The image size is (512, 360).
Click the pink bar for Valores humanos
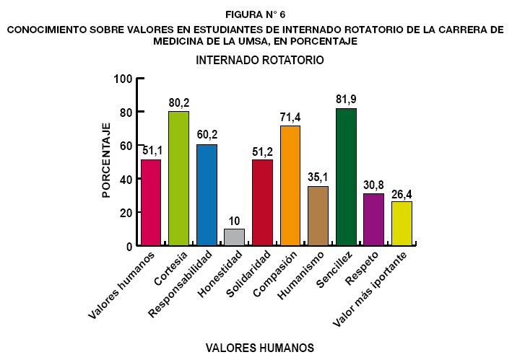[x=151, y=203]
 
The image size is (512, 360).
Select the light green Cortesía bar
[x=178, y=179]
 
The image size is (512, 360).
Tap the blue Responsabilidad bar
[x=207, y=196]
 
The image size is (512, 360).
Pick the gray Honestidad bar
[x=234, y=237]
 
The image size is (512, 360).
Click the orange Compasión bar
[x=290, y=186]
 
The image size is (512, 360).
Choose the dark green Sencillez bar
[x=346, y=177]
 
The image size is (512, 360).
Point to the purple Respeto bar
[x=373, y=220]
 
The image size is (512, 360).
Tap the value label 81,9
[x=346, y=99]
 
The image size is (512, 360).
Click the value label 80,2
[x=178, y=102]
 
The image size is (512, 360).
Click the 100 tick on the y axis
[x=123, y=79]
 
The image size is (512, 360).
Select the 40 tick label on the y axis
[x=126, y=179]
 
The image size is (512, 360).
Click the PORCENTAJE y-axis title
[x=105, y=160]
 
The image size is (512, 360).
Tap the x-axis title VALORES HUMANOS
[x=260, y=348]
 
